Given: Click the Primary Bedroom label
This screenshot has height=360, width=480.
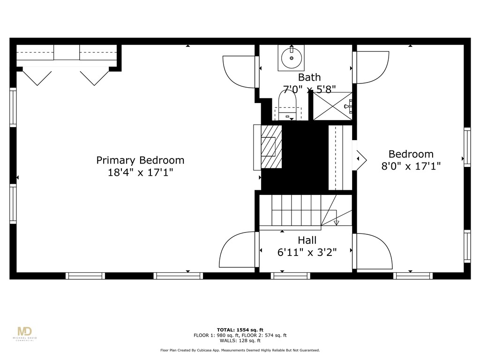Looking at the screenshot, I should (x=140, y=160).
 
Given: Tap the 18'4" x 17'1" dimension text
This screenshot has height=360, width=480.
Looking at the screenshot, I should (x=140, y=172).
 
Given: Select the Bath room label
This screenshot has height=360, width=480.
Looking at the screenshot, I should (x=309, y=77).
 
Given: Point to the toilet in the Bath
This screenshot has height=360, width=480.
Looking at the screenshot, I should (x=288, y=106).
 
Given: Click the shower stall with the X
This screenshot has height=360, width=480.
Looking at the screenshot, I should (x=332, y=106).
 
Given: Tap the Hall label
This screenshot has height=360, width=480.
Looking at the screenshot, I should (x=307, y=240).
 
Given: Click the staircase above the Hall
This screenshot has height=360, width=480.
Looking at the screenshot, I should (x=295, y=211).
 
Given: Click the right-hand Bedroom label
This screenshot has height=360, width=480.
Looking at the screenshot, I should (x=411, y=154).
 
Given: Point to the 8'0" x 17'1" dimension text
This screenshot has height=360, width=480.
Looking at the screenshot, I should (x=410, y=166).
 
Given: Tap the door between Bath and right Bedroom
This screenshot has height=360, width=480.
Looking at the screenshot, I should (x=371, y=67).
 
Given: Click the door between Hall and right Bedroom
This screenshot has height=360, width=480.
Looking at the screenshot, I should (x=372, y=252).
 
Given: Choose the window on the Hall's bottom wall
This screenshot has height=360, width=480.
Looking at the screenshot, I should (x=291, y=276).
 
